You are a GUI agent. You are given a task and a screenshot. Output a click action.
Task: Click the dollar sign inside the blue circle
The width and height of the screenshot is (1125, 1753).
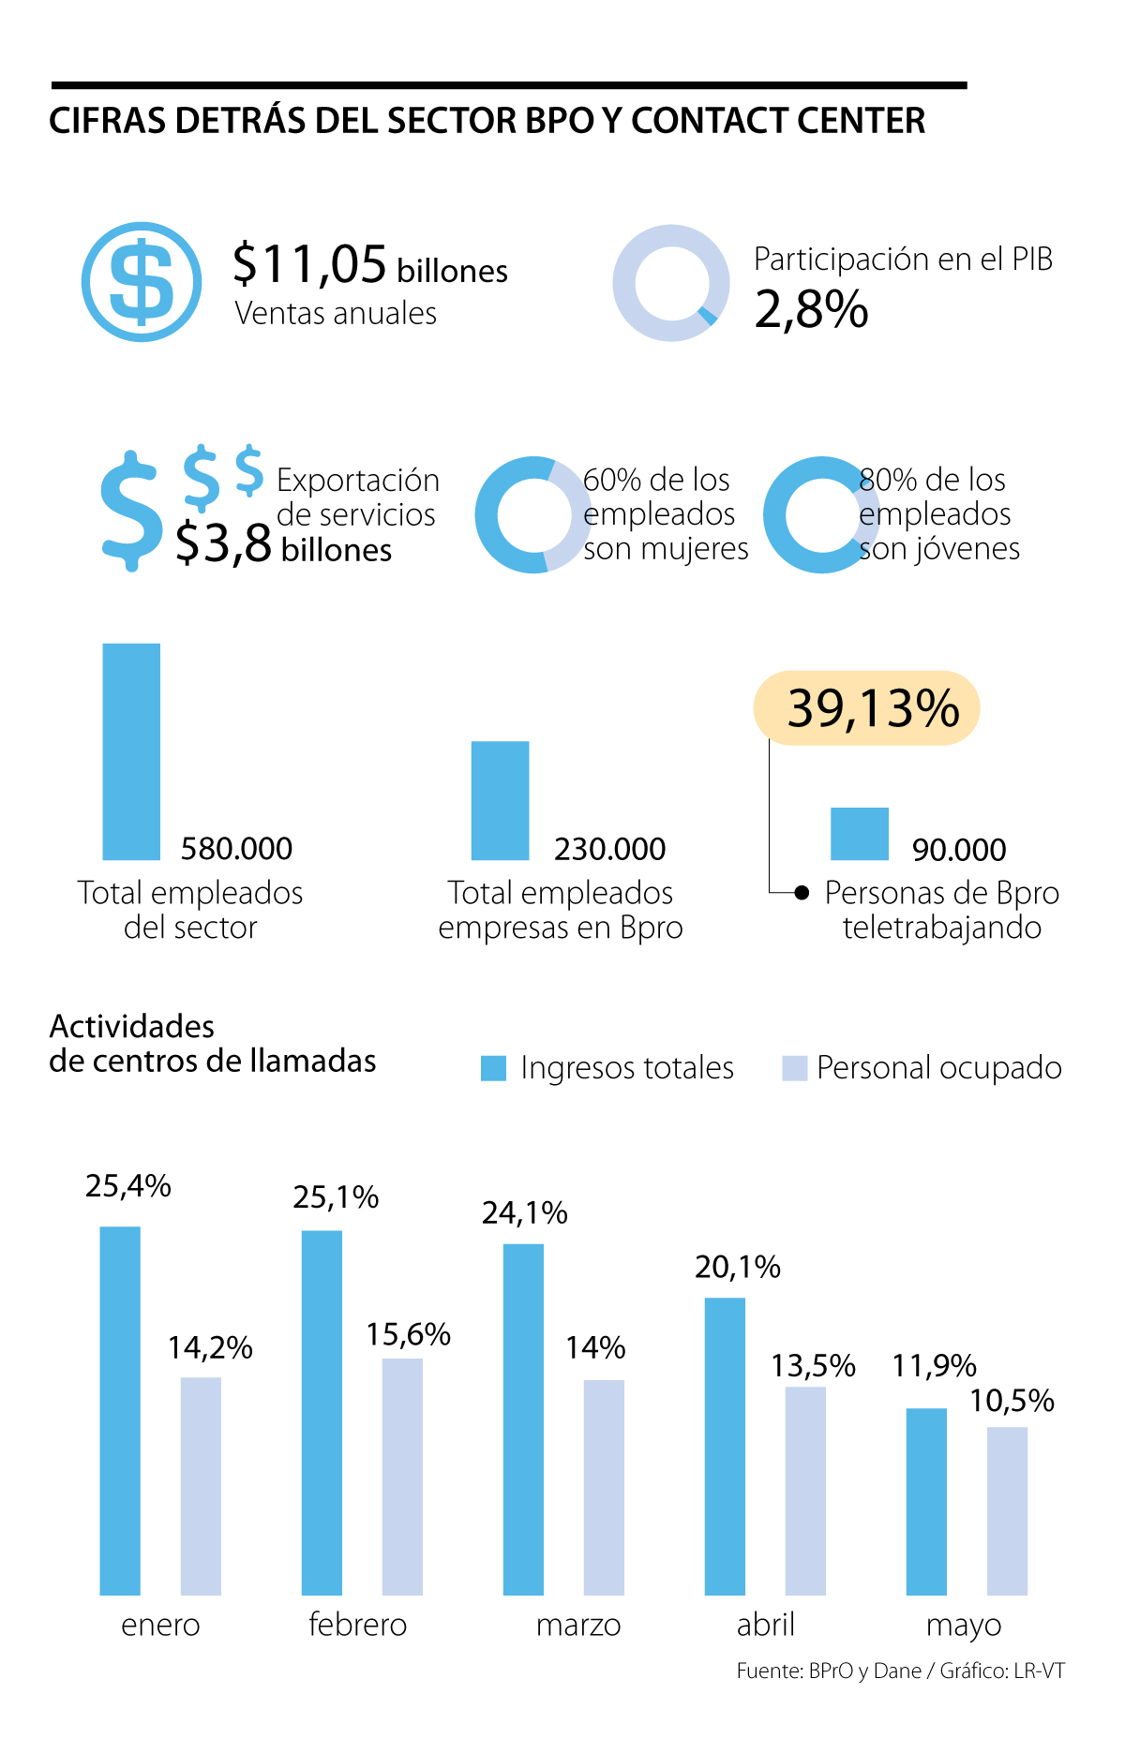[142, 282]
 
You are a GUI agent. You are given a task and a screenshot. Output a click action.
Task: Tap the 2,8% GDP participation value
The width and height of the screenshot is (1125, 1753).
[811, 309]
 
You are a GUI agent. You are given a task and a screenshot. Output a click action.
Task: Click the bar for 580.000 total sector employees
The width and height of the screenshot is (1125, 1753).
[131, 751]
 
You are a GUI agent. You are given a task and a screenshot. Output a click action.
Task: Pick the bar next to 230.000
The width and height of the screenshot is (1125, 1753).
[500, 800]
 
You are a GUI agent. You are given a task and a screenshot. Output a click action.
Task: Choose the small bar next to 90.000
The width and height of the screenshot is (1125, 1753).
[859, 833]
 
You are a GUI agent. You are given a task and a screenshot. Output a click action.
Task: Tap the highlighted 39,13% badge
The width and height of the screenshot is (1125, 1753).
[866, 708]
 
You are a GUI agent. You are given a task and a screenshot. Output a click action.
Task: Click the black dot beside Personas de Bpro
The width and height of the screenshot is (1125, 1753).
[802, 893]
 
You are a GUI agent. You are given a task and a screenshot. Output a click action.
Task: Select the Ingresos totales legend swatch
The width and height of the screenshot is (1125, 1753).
[493, 1068]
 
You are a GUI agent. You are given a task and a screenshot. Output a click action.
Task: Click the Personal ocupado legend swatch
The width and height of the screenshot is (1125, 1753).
[795, 1068]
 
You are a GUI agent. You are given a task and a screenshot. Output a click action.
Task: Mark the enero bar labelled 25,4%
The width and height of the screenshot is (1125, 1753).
[120, 1410]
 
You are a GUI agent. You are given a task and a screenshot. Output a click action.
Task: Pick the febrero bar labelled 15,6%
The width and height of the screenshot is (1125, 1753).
[402, 1476]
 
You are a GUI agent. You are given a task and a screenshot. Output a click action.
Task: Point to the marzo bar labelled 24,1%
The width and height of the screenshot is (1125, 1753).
[523, 1419]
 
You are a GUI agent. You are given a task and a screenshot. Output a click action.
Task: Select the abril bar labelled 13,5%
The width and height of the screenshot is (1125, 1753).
[805, 1490]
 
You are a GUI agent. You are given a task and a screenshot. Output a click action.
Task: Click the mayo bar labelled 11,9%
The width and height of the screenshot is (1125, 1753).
[926, 1501]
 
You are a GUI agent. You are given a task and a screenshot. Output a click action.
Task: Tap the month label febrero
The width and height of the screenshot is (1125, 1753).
[358, 1624]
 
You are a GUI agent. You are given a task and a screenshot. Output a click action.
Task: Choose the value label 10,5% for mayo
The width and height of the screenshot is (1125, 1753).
[1012, 1401]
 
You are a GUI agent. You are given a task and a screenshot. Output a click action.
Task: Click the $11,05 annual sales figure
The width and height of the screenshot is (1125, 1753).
[309, 264]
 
